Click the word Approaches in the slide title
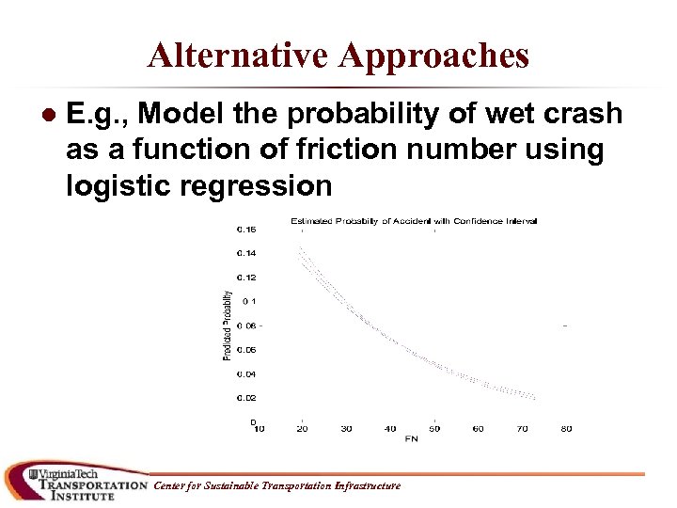pos(434,56)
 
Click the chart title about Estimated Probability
pos(414,221)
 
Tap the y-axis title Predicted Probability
pos(227,325)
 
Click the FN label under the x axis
pos(412,438)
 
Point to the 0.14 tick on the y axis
pos(245,253)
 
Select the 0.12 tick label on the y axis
pos(245,278)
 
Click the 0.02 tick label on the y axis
pos(245,398)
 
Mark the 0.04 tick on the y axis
pos(245,373)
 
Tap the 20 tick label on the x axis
pos(301,429)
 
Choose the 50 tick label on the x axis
pos(433,429)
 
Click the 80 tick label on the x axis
pos(566,429)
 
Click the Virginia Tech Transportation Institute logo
pos(75,482)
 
